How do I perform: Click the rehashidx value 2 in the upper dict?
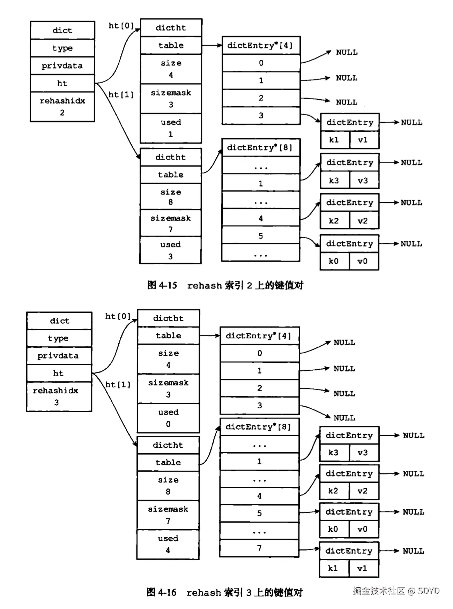[x=62, y=113]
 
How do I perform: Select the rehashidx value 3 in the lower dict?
[x=57, y=402]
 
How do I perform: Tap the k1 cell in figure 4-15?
[x=334, y=140]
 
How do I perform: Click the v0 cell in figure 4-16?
[x=363, y=529]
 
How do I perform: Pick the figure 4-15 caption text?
[x=225, y=285]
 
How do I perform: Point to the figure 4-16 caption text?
[x=224, y=592]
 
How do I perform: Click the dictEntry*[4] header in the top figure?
[x=260, y=45]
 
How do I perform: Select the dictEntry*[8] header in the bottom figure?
[x=258, y=427]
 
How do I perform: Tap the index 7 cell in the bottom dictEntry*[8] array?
[x=259, y=548]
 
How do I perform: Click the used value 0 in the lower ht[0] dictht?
[x=168, y=424]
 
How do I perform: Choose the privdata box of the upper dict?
[x=62, y=65]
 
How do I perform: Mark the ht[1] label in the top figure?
[x=121, y=95]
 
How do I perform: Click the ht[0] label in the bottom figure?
[x=118, y=316]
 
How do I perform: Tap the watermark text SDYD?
[x=429, y=591]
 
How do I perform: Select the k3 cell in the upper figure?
[x=334, y=180]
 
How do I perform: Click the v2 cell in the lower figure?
[x=363, y=491]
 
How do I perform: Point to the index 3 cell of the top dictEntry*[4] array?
[x=261, y=115]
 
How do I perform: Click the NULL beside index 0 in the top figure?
[x=347, y=52]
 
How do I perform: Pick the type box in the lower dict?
[x=58, y=338]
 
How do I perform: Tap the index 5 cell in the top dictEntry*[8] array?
[x=261, y=236]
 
